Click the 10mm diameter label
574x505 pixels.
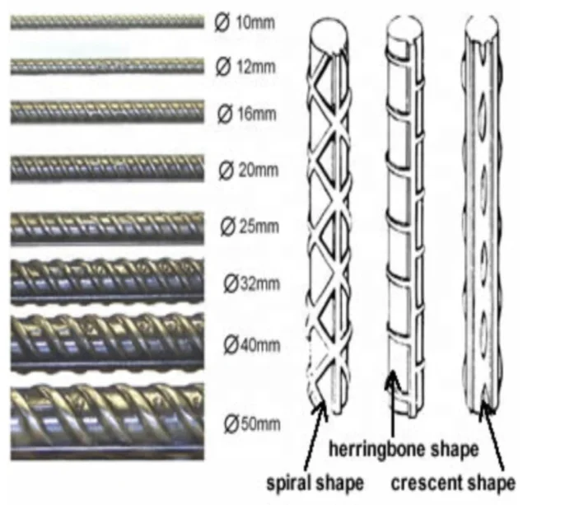pyautogui.click(x=245, y=23)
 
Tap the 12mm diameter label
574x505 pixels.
pyautogui.click(x=245, y=65)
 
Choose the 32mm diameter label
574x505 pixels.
pyautogui.click(x=252, y=284)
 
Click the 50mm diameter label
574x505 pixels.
pyautogui.click(x=252, y=425)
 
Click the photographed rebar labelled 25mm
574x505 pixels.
pyautogui.click(x=107, y=228)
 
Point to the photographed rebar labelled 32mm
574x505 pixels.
pyautogui.click(x=107, y=283)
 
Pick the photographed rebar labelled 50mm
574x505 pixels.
pyautogui.click(x=107, y=423)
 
